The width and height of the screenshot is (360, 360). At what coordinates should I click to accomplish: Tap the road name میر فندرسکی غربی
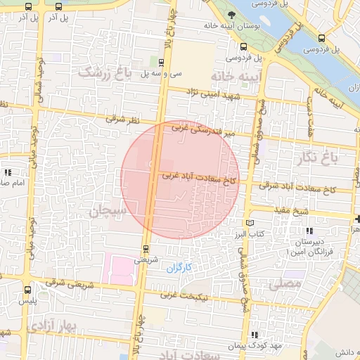click(x=200, y=130)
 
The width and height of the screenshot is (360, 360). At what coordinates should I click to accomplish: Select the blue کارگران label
click(x=179, y=268)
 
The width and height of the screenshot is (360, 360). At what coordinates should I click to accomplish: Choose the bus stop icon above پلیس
click(x=27, y=289)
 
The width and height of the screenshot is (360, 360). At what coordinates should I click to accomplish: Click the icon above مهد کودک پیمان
click(x=254, y=335)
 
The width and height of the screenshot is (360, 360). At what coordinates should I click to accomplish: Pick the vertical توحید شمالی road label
click(x=41, y=81)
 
